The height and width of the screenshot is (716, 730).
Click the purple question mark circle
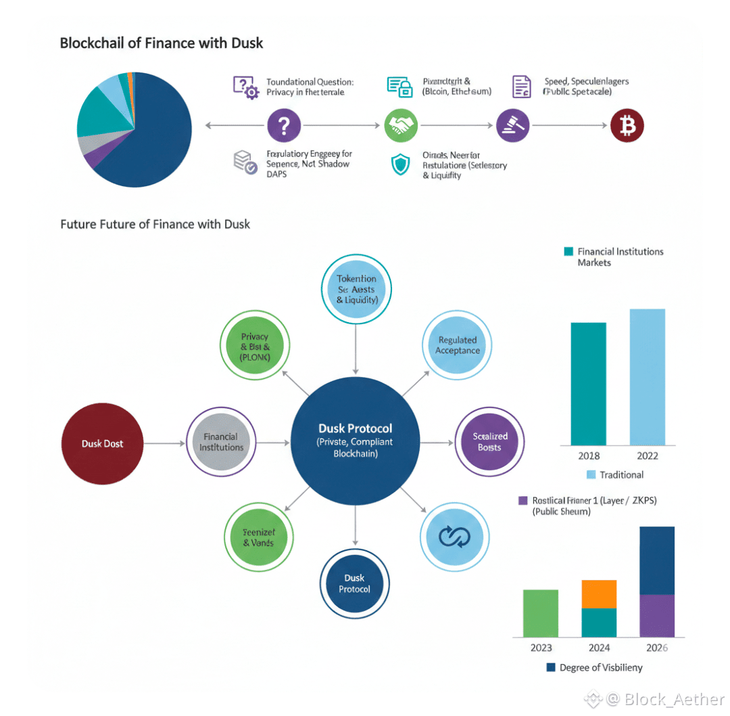pyautogui.click(x=284, y=125)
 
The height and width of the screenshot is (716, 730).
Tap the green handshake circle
pyautogui.click(x=401, y=125)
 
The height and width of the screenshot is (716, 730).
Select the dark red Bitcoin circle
pyautogui.click(x=627, y=125)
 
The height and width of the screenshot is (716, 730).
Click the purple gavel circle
pyautogui.click(x=512, y=125)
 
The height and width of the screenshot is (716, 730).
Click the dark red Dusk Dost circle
pyautogui.click(x=102, y=443)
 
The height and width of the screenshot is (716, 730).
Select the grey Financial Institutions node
pyautogui.click(x=221, y=443)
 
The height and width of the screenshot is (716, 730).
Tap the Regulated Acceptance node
pyautogui.click(x=458, y=345)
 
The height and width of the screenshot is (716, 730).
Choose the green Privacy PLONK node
pyautogui.click(x=255, y=346)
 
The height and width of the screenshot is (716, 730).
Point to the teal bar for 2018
pyautogui.click(x=588, y=384)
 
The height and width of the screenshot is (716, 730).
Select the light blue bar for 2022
pyautogui.click(x=647, y=377)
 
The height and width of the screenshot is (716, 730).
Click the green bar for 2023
pyautogui.click(x=540, y=613)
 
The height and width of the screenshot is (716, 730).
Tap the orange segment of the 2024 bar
pyautogui.click(x=599, y=594)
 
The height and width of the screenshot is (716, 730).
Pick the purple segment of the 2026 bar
pyautogui.click(x=656, y=615)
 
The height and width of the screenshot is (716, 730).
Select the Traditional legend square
pyautogui.click(x=591, y=474)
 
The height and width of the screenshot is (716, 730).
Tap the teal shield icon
pyautogui.click(x=401, y=165)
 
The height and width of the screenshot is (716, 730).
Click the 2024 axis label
pyautogui.click(x=599, y=648)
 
